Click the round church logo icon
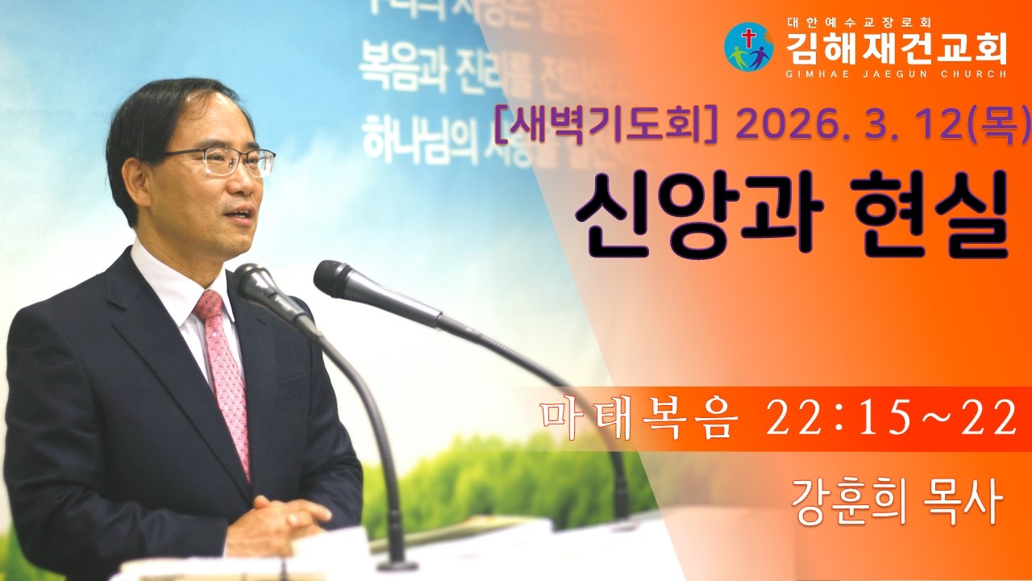[748, 47]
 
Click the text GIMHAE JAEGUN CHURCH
[896, 73]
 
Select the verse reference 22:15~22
[891, 420]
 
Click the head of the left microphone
[256, 282]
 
